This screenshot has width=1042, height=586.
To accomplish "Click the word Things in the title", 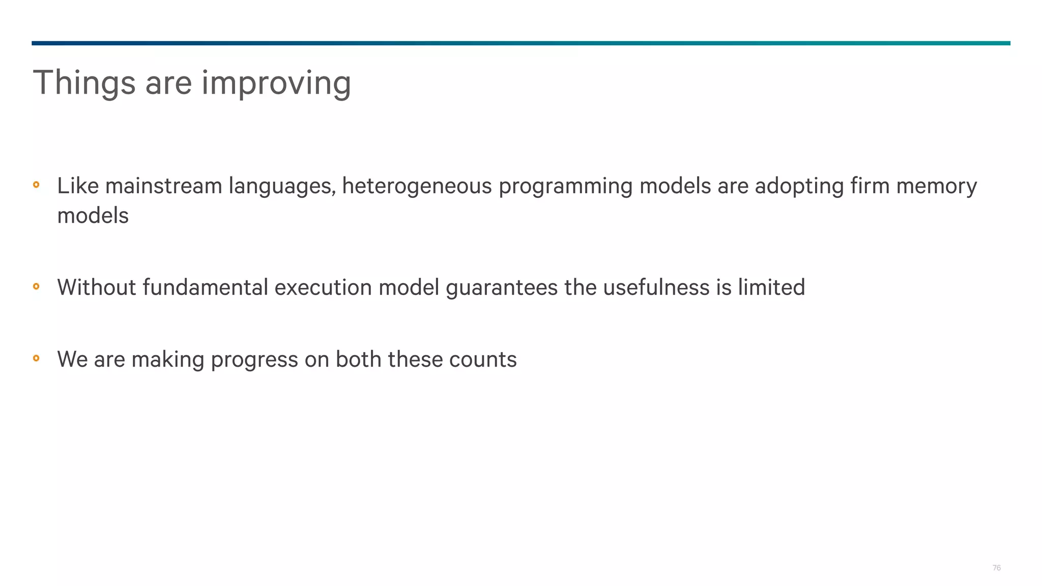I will pyautogui.click(x=84, y=83).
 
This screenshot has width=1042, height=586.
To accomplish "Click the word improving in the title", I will pyautogui.click(x=276, y=83).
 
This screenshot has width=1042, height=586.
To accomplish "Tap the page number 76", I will pyautogui.click(x=996, y=568).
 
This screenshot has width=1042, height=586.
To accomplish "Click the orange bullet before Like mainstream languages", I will pyautogui.click(x=36, y=185).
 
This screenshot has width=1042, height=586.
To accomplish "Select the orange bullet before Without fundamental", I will pyautogui.click(x=36, y=286).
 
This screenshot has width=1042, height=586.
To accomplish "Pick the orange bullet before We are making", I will pyautogui.click(x=36, y=358).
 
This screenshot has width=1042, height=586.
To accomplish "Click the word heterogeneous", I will pyautogui.click(x=417, y=186).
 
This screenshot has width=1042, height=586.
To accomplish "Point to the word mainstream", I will pyautogui.click(x=163, y=186).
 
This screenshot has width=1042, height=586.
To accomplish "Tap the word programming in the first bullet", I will pyautogui.click(x=565, y=186).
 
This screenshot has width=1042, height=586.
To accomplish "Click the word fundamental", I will pyautogui.click(x=205, y=287).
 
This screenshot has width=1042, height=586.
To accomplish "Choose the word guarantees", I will pyautogui.click(x=502, y=287).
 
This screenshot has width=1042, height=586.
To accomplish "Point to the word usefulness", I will pyautogui.click(x=656, y=287).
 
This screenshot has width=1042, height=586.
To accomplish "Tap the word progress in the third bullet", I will pyautogui.click(x=254, y=360).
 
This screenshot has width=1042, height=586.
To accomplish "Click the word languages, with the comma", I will pyautogui.click(x=282, y=186).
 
